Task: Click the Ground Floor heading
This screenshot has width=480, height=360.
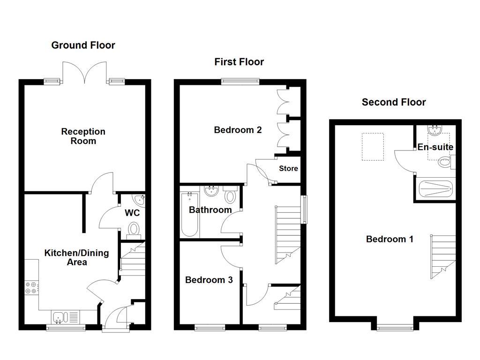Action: point(83,45)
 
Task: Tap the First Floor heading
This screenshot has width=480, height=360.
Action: point(239,62)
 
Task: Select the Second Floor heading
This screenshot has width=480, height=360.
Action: point(394,102)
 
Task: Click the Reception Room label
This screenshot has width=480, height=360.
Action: point(83,136)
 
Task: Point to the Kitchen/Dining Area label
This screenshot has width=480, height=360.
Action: point(76,257)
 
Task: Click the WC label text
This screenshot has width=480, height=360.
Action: point(132,213)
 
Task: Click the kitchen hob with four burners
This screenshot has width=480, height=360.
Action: point(31,287)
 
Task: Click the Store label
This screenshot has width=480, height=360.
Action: point(288,168)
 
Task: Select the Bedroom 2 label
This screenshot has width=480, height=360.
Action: point(238,130)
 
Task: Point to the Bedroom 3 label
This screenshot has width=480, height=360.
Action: point(209,280)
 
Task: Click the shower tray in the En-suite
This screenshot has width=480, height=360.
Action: point(435,190)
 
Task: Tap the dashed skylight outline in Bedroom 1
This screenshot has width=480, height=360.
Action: point(372,147)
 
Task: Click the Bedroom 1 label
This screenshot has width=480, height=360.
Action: point(390,239)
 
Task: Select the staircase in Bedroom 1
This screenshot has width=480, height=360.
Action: point(443,256)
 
